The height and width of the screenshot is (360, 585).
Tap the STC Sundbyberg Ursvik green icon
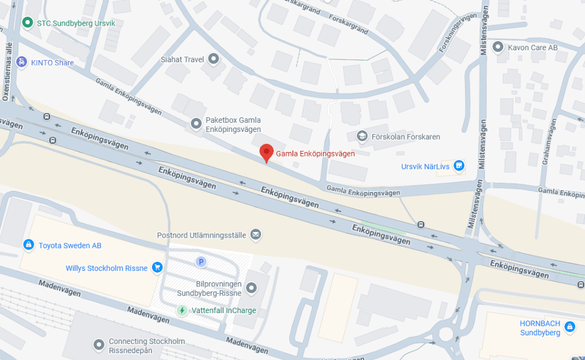[27, 23]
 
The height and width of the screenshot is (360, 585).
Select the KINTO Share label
[53, 63]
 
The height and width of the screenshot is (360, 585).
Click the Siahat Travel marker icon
[214, 58]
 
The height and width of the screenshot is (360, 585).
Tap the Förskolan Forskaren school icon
[362, 137]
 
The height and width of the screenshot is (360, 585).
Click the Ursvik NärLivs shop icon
[458, 166]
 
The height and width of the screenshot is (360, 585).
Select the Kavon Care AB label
[532, 47]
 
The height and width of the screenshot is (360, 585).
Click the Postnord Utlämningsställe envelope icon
[255, 234]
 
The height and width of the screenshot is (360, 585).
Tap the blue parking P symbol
[201, 262]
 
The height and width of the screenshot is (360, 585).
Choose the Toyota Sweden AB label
[70, 245]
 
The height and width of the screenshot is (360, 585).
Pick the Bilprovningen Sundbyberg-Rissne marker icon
[250, 288]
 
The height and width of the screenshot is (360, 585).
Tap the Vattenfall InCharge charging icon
[182, 310]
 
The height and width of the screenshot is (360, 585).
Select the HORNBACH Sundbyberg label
[540, 327]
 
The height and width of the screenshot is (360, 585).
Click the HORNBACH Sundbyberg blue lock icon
[568, 327]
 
